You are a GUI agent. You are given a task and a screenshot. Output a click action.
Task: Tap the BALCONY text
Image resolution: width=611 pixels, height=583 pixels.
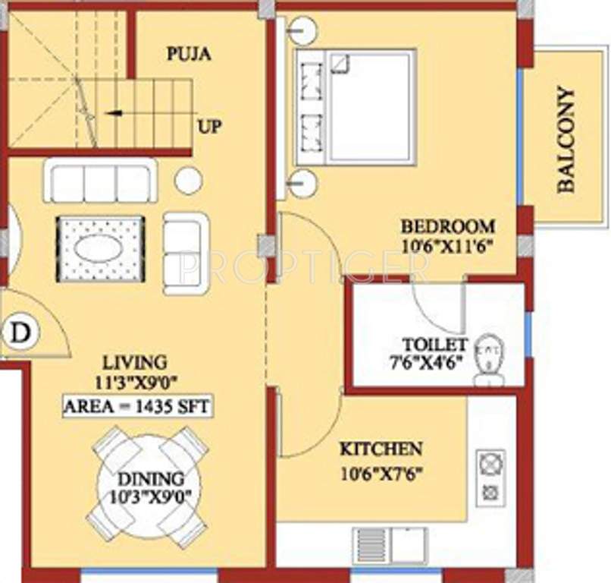(565, 140)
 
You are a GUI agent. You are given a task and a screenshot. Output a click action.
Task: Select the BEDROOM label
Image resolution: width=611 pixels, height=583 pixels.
(447, 226)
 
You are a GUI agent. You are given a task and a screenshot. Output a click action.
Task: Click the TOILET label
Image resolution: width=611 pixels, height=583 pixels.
(435, 343)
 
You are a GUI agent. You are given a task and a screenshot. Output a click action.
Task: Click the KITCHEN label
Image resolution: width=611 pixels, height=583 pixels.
(381, 448)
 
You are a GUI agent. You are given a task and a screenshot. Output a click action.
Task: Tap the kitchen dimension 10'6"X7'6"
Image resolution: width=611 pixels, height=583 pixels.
(381, 474)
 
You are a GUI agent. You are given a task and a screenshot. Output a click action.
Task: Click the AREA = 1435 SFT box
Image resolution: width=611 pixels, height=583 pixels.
(136, 406)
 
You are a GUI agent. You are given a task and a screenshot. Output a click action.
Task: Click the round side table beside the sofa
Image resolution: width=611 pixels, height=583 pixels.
(188, 181)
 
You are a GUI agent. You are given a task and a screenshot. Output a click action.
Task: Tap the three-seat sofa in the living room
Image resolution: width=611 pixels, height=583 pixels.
(100, 181)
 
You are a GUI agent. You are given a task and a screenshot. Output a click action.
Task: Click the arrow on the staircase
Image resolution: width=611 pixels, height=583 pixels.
(114, 113)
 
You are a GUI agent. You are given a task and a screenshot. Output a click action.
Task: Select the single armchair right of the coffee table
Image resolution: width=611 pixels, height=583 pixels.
(186, 253)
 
